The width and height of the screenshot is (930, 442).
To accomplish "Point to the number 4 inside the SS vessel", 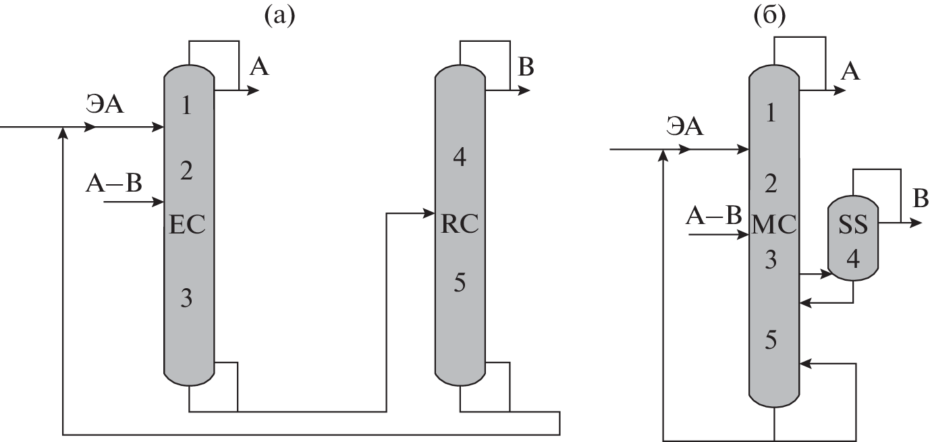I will pos(853,260).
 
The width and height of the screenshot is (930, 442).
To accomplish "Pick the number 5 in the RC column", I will pos(459,283).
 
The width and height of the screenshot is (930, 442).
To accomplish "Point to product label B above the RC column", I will pos(525,68).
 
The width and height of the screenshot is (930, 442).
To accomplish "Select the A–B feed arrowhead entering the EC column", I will pos(159,201).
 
